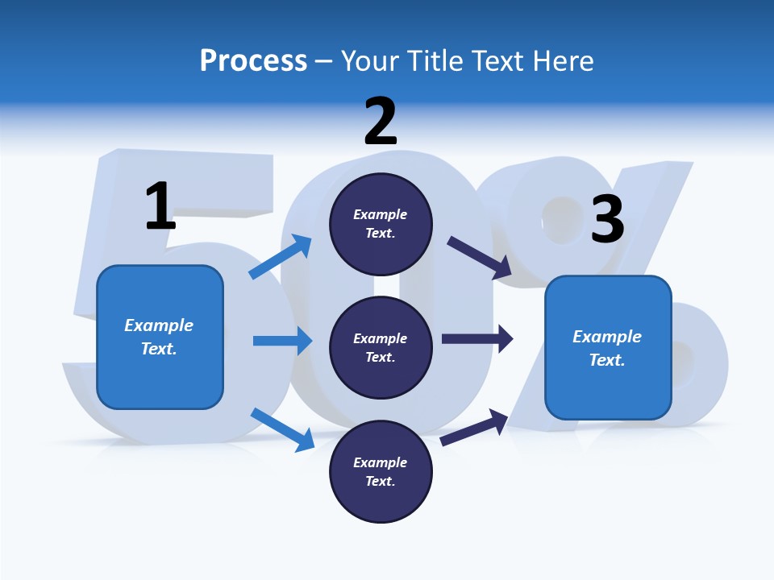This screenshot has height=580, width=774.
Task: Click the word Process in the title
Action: click(x=253, y=60)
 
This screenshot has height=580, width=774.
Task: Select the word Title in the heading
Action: click(x=435, y=60)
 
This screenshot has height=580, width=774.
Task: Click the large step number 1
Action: click(x=160, y=206)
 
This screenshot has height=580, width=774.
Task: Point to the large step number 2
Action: click(x=381, y=122)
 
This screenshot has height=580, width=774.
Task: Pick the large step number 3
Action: click(x=608, y=219)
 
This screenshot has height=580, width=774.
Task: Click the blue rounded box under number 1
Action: click(x=160, y=379)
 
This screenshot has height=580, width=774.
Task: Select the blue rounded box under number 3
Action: click(x=608, y=391)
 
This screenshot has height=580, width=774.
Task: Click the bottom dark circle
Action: click(x=381, y=499)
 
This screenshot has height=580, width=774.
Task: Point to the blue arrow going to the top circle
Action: click(x=281, y=257)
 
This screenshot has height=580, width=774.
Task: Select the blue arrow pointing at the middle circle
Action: click(x=282, y=341)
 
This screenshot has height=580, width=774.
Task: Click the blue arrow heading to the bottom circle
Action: click(x=283, y=429)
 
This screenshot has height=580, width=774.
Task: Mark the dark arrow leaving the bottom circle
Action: click(x=474, y=427)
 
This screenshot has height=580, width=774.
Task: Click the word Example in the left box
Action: click(x=159, y=325)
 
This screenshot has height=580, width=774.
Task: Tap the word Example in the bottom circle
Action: click(x=381, y=462)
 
